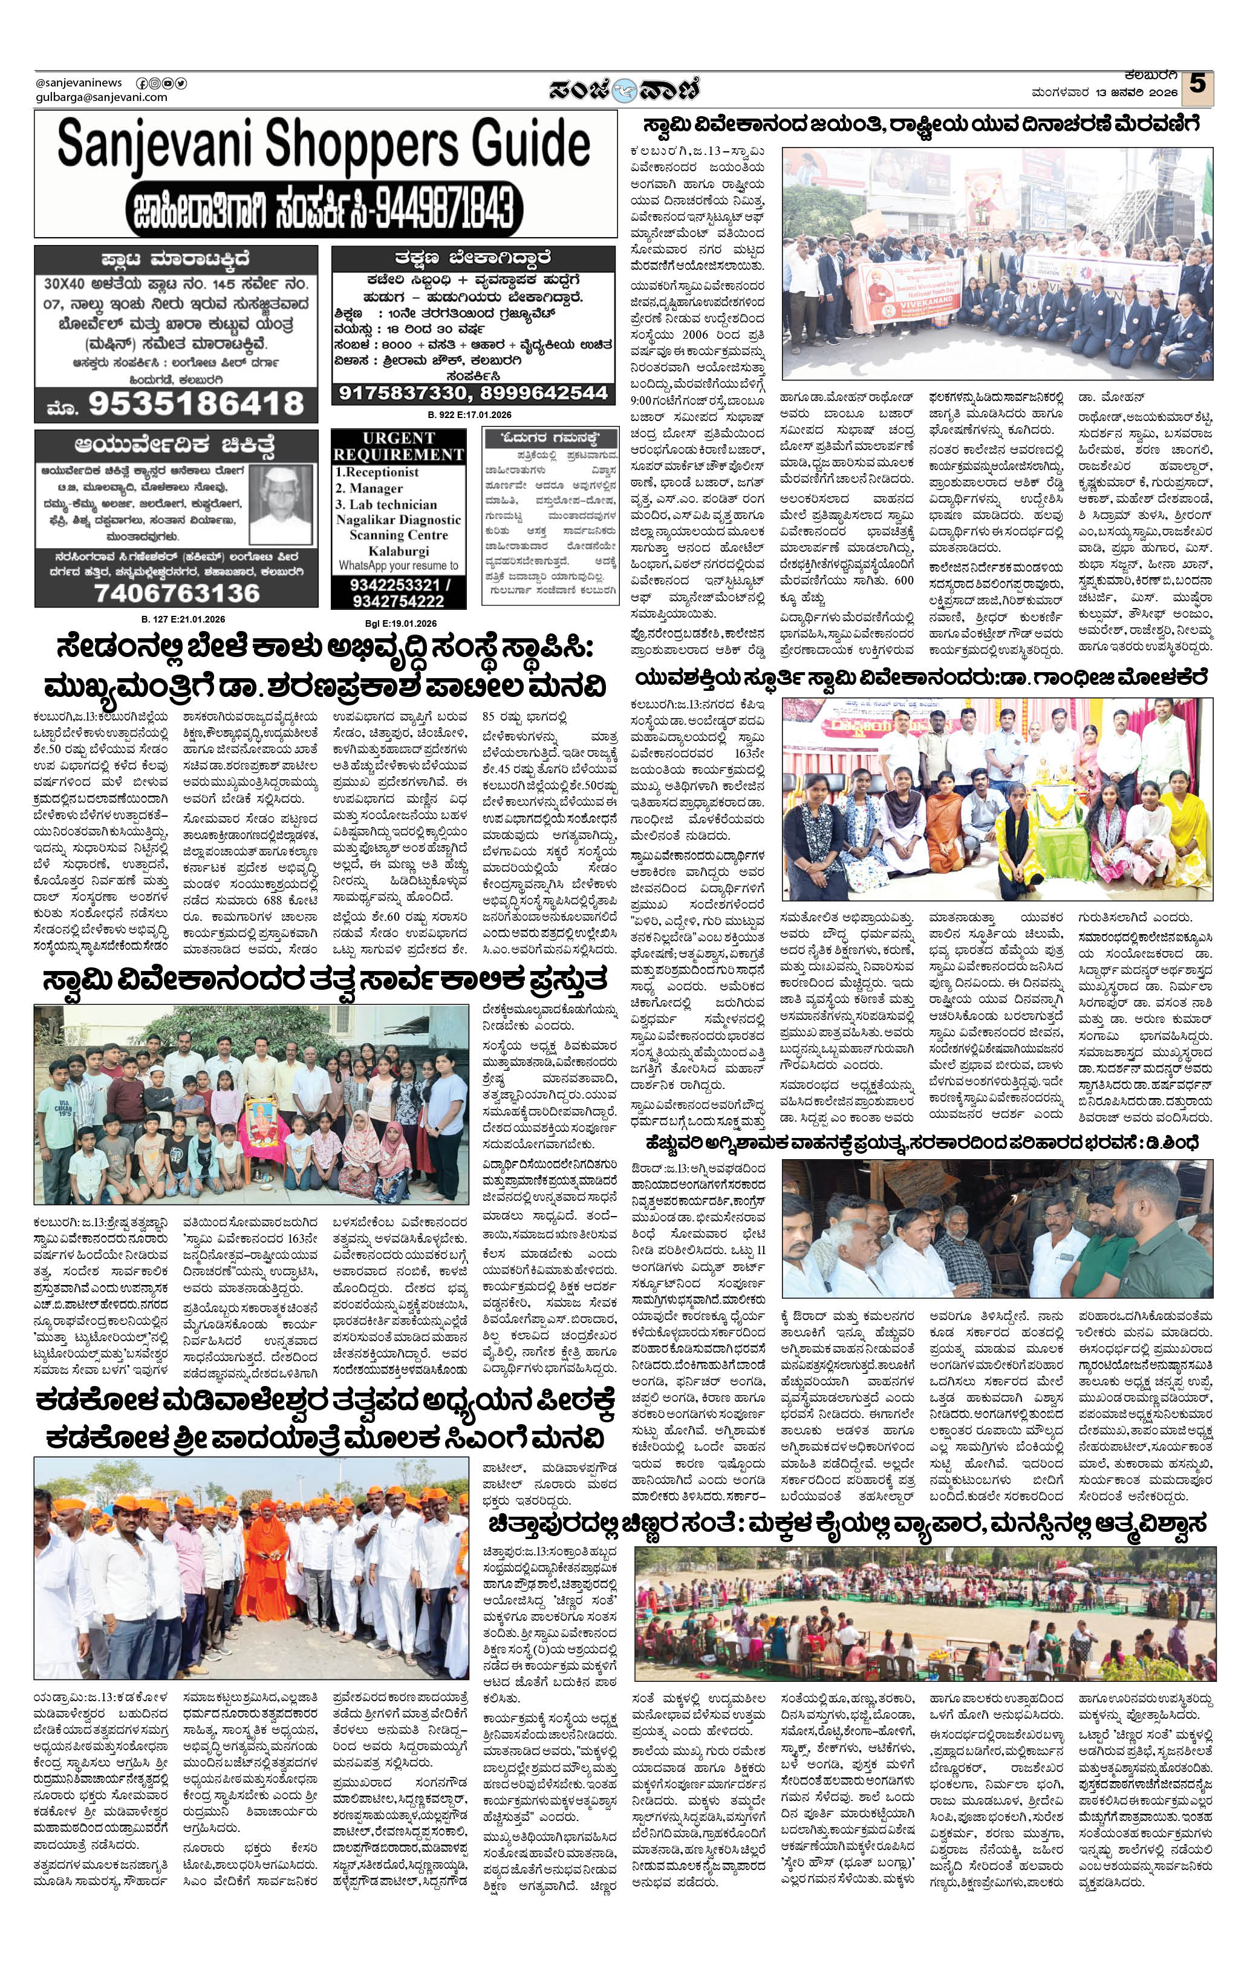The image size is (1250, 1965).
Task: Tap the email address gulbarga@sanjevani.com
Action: [x=101, y=97]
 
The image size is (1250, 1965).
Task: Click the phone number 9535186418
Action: [x=196, y=403]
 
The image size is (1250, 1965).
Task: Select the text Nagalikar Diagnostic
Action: [x=398, y=520]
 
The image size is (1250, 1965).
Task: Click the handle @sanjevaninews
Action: [x=79, y=82]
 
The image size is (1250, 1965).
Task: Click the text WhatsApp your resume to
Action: [x=398, y=564]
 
